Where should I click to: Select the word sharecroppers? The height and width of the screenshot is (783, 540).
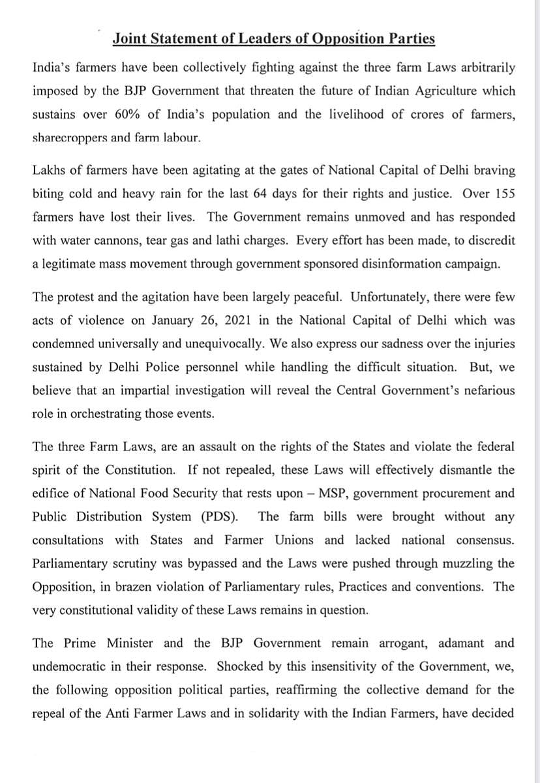[71, 138]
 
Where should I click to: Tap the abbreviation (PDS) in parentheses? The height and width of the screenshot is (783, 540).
[215, 516]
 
